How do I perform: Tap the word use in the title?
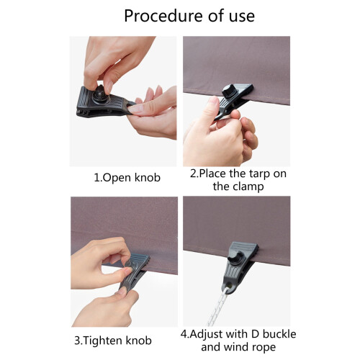coord(242,17)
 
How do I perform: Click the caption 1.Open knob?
coord(127,178)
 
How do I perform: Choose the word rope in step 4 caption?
coord(264,347)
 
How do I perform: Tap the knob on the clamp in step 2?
coord(228,91)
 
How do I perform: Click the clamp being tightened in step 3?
coord(135,272)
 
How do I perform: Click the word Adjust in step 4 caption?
coord(206,335)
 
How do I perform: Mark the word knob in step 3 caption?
coord(139,341)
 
